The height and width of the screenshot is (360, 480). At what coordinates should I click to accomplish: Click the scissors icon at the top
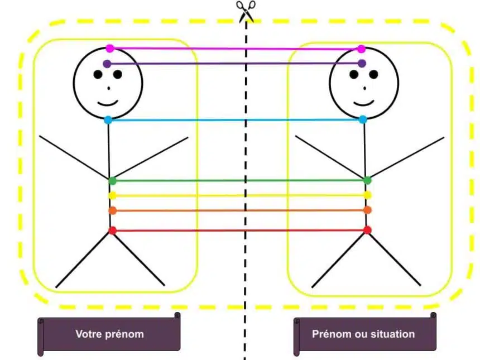click(x=245, y=11)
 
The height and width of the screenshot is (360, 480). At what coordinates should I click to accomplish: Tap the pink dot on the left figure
click(x=110, y=49)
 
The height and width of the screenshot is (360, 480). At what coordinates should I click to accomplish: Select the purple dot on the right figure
click(x=362, y=63)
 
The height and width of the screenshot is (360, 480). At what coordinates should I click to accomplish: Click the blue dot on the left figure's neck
click(x=108, y=119)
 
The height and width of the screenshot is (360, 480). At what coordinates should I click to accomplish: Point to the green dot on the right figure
click(x=367, y=180)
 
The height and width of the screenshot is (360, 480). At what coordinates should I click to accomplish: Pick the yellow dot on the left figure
click(x=112, y=195)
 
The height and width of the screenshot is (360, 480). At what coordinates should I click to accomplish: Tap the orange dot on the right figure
click(x=367, y=210)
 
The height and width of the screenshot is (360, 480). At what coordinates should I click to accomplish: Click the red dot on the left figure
click(x=112, y=230)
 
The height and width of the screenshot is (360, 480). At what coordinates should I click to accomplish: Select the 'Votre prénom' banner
click(x=109, y=334)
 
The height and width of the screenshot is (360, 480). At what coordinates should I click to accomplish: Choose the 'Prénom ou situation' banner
click(x=364, y=334)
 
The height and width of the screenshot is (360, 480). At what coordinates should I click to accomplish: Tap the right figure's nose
click(x=364, y=88)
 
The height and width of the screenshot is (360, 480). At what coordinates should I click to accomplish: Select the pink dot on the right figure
click(x=362, y=49)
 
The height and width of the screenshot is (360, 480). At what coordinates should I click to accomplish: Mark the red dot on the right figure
click(x=367, y=230)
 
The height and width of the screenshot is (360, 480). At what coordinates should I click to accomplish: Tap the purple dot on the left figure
click(x=107, y=64)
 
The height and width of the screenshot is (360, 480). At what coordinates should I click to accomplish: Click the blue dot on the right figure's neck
click(x=363, y=119)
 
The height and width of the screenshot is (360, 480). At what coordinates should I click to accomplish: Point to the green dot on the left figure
click(x=112, y=180)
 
